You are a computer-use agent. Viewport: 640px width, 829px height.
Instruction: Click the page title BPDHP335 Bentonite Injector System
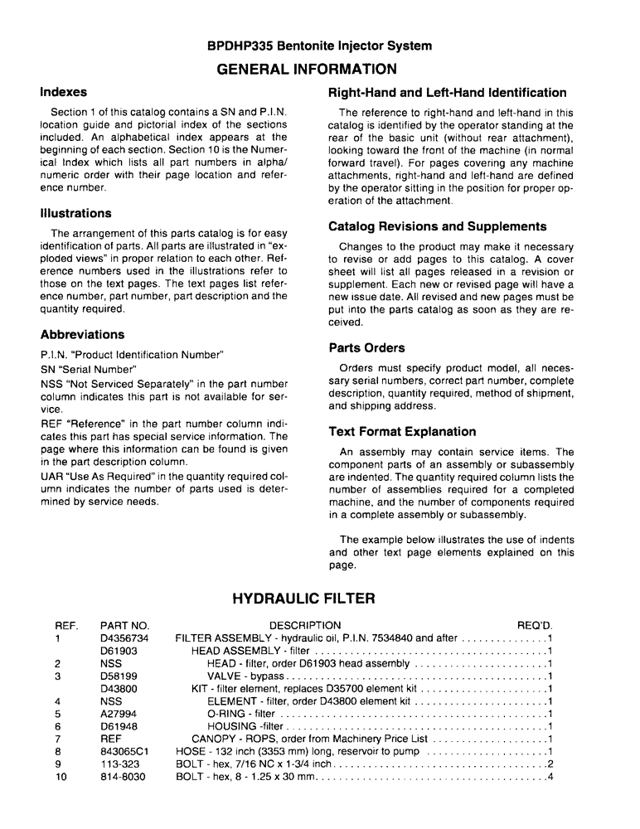(319, 46)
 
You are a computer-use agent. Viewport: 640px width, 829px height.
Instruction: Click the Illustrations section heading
(75, 213)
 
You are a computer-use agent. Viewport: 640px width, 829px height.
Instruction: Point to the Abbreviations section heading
(82, 335)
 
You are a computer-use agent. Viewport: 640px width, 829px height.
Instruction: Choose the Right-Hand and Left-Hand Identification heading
(448, 93)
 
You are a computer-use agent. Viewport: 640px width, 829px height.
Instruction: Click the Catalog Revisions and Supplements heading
(438, 226)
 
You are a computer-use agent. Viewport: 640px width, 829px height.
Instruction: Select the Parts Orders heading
(366, 348)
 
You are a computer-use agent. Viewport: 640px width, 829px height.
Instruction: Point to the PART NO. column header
(124, 625)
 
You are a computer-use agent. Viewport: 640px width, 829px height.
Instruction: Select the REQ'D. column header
(535, 625)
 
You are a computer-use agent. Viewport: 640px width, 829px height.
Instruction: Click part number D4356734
(124, 638)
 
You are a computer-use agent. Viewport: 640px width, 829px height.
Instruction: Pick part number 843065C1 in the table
(124, 751)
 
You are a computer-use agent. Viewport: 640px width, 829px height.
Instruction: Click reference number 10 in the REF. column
(61, 777)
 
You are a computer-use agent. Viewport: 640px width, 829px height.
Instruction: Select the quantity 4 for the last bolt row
(550, 777)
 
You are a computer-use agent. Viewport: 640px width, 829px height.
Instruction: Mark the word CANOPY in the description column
(215, 739)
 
